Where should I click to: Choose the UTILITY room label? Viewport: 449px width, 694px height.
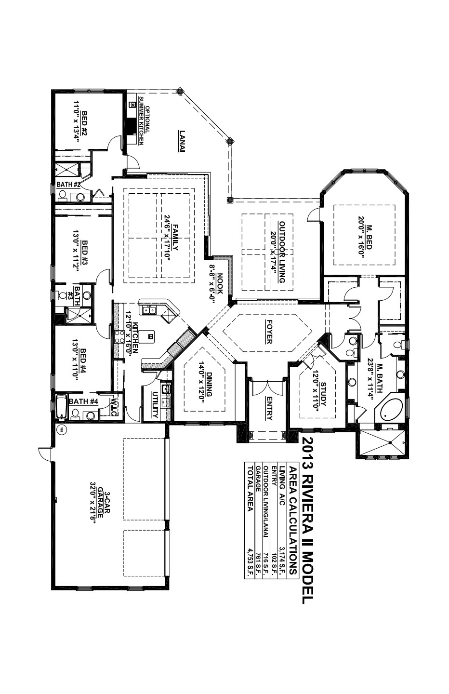pos(155,404)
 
